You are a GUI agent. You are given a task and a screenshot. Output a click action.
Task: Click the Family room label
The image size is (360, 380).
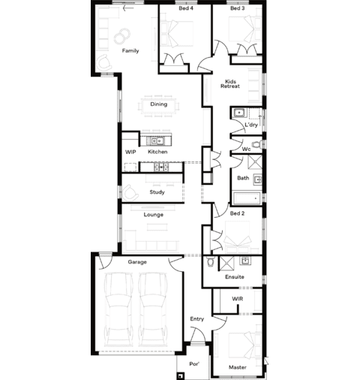point(130,51)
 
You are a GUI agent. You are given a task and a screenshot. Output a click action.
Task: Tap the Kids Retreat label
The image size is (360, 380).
point(230,84)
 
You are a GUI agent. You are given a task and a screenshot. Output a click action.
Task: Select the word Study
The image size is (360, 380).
point(157,192)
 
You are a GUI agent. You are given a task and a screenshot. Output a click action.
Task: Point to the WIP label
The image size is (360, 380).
point(130,152)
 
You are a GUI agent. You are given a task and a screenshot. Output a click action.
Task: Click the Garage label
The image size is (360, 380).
point(137,262)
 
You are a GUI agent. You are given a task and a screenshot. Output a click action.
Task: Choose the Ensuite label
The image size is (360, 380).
point(235,277)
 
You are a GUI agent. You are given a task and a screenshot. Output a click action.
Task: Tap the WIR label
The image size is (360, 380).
point(237,299)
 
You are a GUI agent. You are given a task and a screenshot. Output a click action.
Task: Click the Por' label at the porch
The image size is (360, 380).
point(194,363)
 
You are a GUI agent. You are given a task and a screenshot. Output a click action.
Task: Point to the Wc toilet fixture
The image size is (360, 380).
point(257,145)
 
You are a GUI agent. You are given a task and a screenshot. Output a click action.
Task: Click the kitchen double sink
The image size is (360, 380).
point(157,141)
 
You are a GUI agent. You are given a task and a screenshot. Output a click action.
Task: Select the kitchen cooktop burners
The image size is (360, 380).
point(161,167)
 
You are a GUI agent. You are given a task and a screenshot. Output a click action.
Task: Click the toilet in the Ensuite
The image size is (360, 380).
point(210,261)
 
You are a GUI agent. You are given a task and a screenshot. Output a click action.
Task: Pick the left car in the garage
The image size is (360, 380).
point(118,309)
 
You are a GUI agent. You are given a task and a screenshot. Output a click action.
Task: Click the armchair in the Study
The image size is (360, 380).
point(130,193)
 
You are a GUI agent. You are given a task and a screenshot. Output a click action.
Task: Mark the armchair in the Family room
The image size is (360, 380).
point(104,62)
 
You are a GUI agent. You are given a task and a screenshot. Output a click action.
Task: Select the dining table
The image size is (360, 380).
point(158,106)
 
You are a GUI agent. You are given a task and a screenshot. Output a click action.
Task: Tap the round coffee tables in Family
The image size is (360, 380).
point(121,35)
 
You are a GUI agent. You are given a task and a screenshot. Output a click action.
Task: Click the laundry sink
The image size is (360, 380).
point(239,113)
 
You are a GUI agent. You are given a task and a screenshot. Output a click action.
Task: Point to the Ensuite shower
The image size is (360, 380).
point(226,264)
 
